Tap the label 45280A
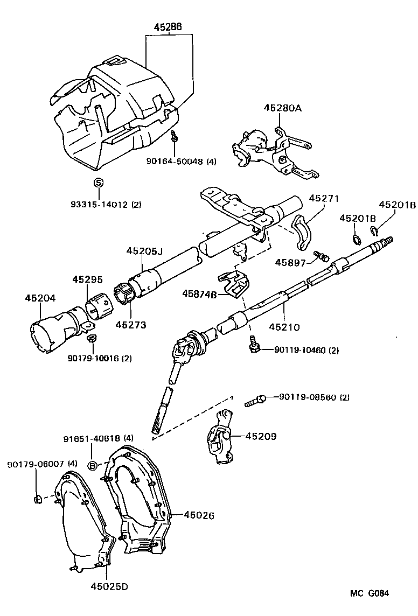282,108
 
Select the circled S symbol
98,183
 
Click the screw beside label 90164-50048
174,136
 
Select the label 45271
324,198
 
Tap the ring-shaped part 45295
96,307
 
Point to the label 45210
284,327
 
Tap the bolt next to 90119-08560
255,400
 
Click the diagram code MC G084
370,593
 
